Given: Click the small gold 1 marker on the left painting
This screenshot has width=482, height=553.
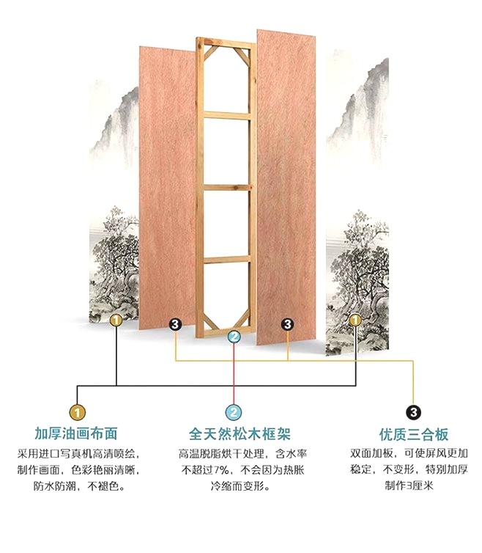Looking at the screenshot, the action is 115,320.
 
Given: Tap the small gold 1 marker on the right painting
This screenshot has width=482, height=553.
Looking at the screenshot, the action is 355,320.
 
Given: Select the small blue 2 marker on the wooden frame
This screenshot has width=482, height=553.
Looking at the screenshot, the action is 234,337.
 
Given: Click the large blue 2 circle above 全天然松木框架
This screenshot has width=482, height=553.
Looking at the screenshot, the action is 233,412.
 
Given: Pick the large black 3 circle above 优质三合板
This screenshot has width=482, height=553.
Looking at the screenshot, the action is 413,412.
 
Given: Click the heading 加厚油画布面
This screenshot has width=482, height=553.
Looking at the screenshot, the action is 75,434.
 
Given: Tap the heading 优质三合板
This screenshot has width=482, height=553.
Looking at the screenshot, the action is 413,434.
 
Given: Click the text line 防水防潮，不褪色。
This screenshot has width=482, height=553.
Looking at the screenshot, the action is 75,486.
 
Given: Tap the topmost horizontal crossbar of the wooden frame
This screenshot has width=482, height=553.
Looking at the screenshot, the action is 226,114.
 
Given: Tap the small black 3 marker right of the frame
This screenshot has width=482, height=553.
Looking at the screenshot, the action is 288,323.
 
